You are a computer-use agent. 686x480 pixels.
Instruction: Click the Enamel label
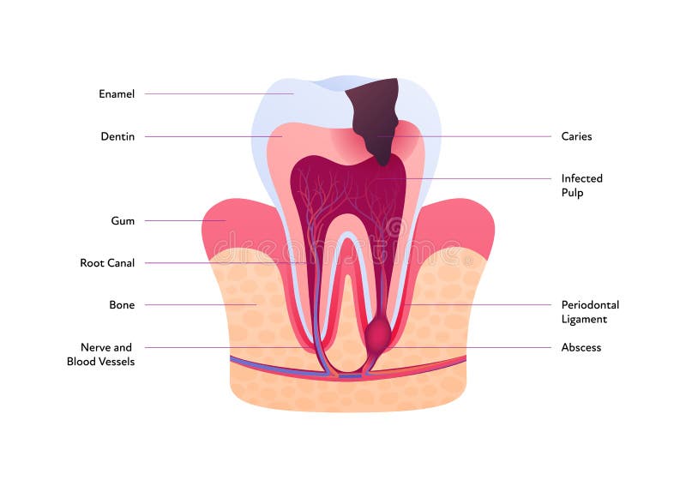click(x=117, y=93)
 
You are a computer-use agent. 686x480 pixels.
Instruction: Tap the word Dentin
click(x=117, y=136)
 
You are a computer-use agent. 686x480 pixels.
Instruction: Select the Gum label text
click(x=123, y=220)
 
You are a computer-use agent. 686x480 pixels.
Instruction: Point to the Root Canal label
click(x=107, y=263)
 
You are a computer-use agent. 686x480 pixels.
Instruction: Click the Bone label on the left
click(x=122, y=304)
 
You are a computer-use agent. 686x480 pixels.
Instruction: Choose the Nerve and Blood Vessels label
click(x=101, y=354)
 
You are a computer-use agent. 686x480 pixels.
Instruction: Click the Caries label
click(x=576, y=136)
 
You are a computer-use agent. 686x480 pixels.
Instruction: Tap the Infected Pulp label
click(x=582, y=185)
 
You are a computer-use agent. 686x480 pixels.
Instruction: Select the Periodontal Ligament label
click(x=590, y=311)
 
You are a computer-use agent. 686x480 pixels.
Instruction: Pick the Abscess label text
click(x=581, y=347)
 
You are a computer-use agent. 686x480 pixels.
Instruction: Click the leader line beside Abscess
click(x=480, y=347)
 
